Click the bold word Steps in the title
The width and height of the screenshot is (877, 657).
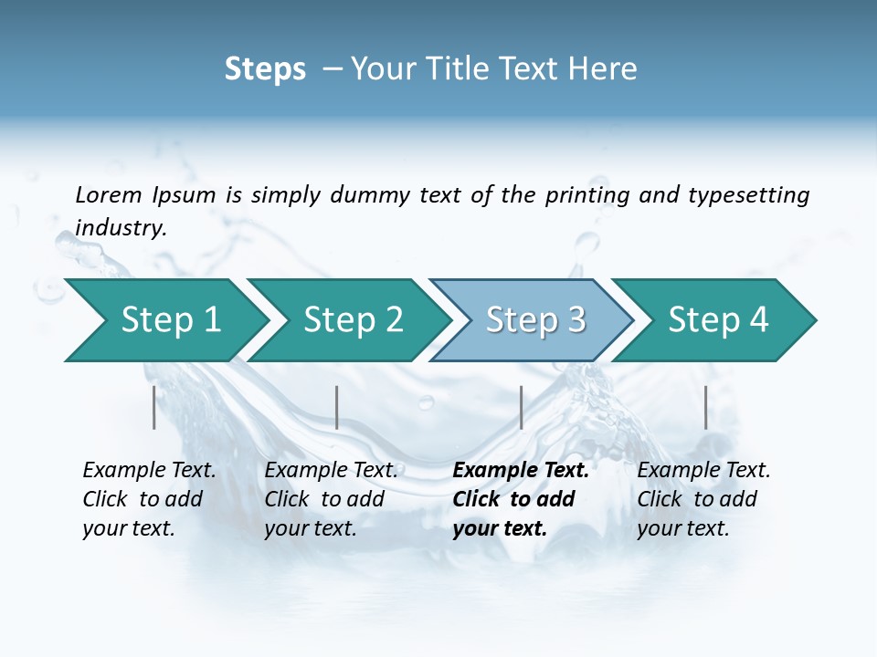click(265, 69)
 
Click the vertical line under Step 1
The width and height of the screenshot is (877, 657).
click(154, 407)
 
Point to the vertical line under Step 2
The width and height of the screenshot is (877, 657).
click(337, 407)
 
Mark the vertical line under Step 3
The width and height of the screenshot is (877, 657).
click(521, 407)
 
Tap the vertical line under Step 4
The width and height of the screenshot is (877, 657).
click(706, 407)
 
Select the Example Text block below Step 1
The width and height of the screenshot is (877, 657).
click(149, 499)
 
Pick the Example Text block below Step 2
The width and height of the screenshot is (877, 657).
click(331, 499)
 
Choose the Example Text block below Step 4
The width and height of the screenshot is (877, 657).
click(703, 499)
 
